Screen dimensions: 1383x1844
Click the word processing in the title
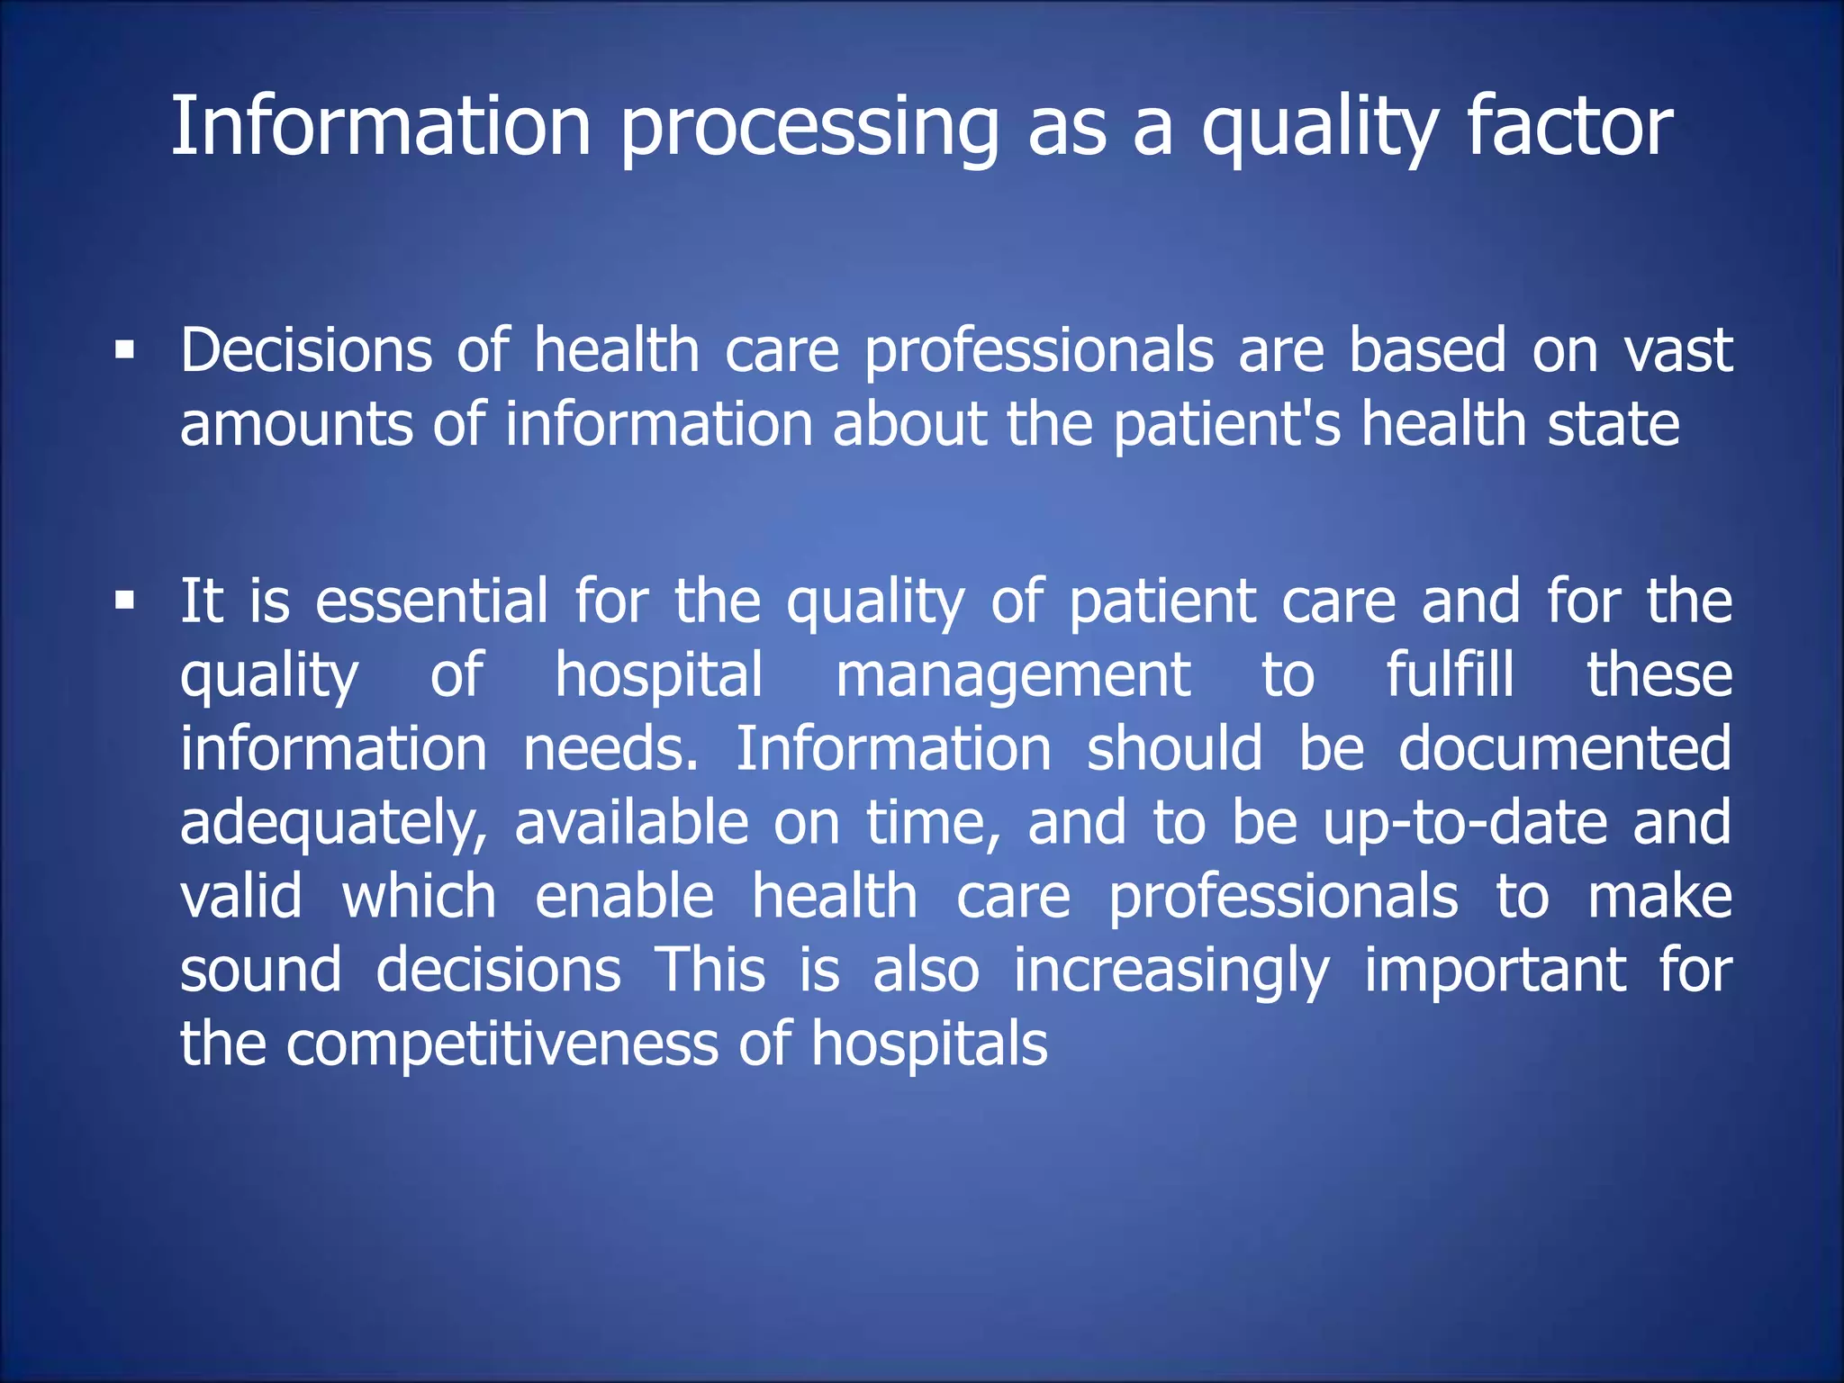809,128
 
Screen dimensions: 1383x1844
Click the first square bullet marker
125,349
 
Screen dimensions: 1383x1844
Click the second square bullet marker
125,600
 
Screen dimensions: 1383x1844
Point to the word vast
1678,350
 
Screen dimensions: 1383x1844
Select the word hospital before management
659,675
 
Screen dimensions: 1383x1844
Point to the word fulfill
1450,674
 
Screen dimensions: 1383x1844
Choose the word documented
1564,749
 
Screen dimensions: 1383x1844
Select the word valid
241,897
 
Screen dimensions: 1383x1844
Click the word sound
260,971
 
